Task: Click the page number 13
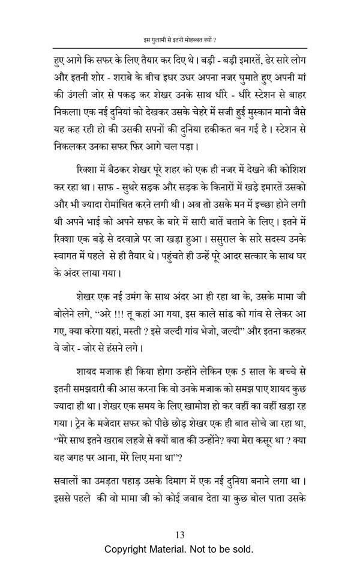[x=179, y=535]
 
